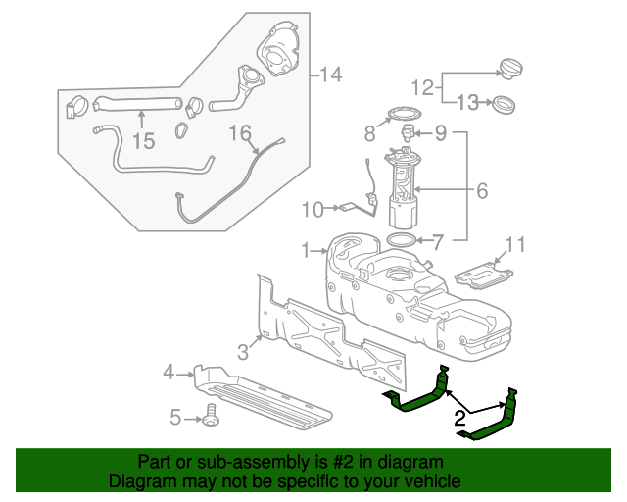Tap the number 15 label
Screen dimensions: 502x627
[143, 141]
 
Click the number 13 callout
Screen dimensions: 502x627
[469, 102]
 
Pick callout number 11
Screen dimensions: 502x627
[516, 242]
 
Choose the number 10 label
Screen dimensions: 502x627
[312, 208]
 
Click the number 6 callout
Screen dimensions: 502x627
[482, 191]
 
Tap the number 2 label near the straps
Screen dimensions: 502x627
[458, 421]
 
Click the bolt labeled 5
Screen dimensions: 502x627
[209, 419]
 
